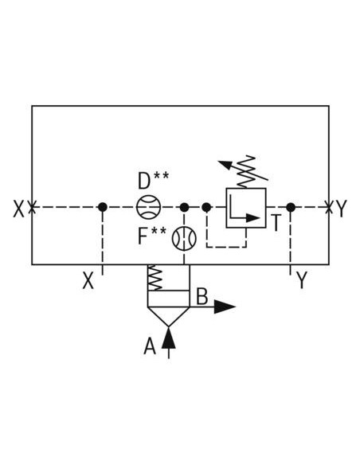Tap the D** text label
[153, 180]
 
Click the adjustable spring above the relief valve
[247, 171]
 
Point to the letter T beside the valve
[276, 222]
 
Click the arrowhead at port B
[225, 307]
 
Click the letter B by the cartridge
[202, 296]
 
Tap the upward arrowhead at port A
[169, 338]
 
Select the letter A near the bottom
[150, 346]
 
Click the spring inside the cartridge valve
[155, 278]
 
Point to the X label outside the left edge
[18, 209]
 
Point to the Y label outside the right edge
[342, 209]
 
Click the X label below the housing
[88, 280]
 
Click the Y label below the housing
[302, 280]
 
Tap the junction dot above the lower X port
[103, 207]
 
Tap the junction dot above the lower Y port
[291, 207]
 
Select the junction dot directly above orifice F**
[184, 207]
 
